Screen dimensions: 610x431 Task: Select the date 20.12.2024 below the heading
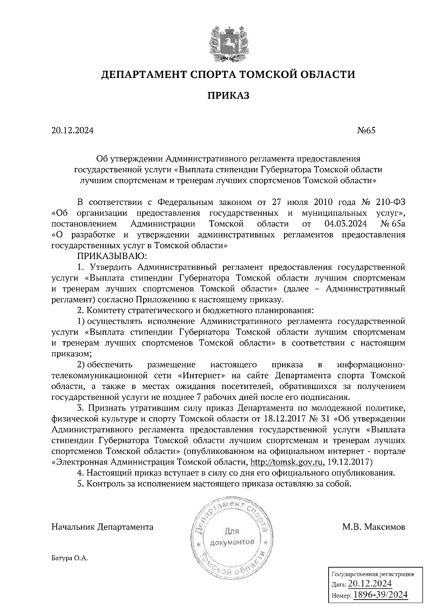(72, 131)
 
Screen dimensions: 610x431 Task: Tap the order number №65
(366, 131)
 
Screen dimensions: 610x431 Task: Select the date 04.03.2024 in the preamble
(345, 224)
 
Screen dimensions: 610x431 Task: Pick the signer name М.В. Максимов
(374, 527)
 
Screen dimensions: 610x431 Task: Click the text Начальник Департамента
(102, 527)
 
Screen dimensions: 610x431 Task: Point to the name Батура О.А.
(70, 558)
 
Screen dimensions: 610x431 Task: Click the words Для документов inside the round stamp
(233, 536)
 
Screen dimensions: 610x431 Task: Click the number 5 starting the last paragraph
(80, 484)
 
